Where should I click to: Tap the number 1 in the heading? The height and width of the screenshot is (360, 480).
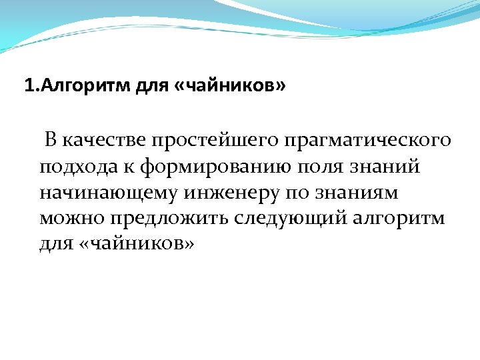click(28, 87)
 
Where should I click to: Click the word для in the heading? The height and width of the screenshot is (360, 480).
click(148, 87)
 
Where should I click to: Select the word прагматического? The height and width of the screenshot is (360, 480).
click(367, 141)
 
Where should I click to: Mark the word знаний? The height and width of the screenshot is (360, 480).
click(390, 167)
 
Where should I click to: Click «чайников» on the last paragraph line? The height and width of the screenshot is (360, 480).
click(137, 243)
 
